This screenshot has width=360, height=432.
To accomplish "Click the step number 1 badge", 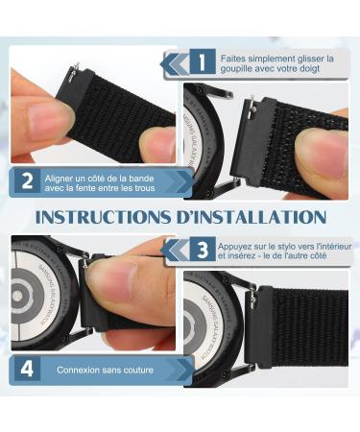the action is [x=203, y=61].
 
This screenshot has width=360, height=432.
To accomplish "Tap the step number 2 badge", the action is [x=28, y=181].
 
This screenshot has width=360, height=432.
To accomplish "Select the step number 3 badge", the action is [x=203, y=250].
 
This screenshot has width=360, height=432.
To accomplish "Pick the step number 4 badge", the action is [x=28, y=369].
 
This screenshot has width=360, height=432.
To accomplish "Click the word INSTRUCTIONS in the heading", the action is [x=103, y=217].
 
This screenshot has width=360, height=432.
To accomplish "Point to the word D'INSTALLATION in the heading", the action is [x=251, y=217].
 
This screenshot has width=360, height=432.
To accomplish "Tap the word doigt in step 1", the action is [x=309, y=69].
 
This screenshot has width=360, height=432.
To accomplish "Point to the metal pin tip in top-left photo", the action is [x=76, y=65].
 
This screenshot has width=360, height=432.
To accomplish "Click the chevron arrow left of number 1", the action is [x=175, y=63].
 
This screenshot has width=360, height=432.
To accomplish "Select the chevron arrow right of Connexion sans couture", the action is [x=183, y=371].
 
